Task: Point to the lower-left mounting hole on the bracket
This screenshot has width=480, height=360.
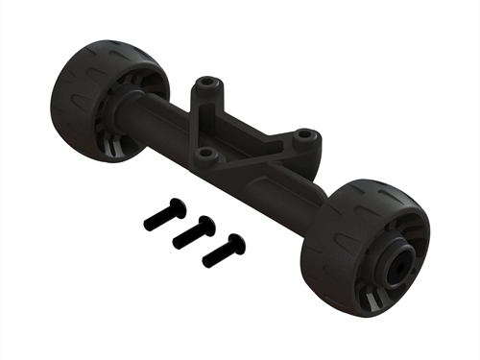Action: pos(202,152)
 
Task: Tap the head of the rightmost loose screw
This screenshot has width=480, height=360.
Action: pos(236,244)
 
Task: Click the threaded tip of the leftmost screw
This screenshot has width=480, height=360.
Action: pos(149,225)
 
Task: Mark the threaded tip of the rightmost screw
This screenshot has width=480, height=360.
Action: pos(206,260)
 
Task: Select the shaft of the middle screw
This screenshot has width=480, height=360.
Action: pos(190,234)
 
